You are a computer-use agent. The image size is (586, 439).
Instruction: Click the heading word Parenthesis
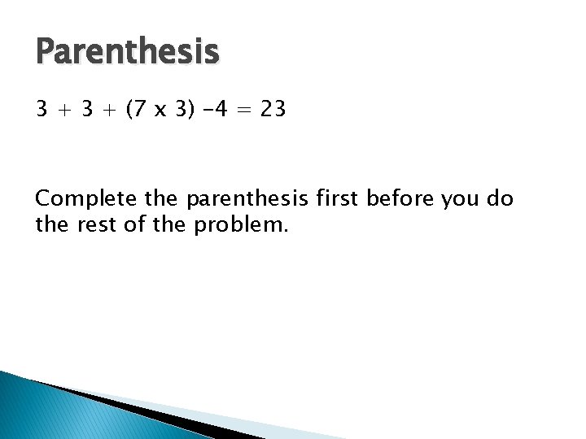128,53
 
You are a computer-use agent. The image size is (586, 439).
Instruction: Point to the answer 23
273,108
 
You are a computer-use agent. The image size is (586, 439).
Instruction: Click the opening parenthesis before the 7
130,109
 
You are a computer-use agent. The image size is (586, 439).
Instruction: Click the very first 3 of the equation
42,108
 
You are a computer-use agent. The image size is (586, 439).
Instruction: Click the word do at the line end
502,198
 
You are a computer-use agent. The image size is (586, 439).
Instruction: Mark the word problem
241,224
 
